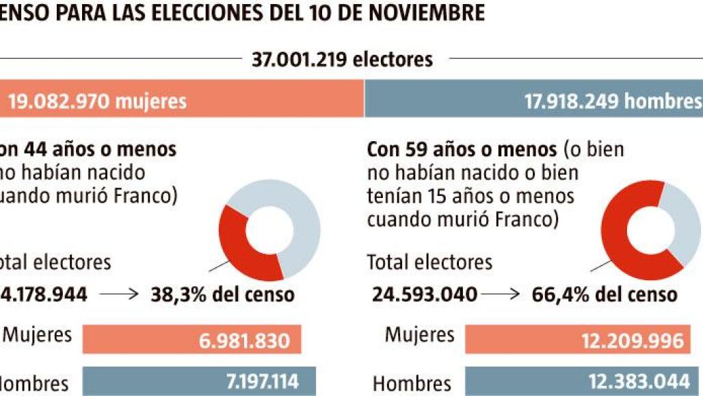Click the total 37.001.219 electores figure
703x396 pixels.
point(342,60)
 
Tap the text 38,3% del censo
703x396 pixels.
point(222,295)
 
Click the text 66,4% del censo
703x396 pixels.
point(605,295)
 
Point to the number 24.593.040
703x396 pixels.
point(425,295)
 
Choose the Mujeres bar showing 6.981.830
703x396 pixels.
point(191,340)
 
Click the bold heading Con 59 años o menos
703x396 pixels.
point(462,149)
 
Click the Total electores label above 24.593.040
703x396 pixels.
point(429,262)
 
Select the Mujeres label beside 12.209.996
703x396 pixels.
point(419,335)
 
